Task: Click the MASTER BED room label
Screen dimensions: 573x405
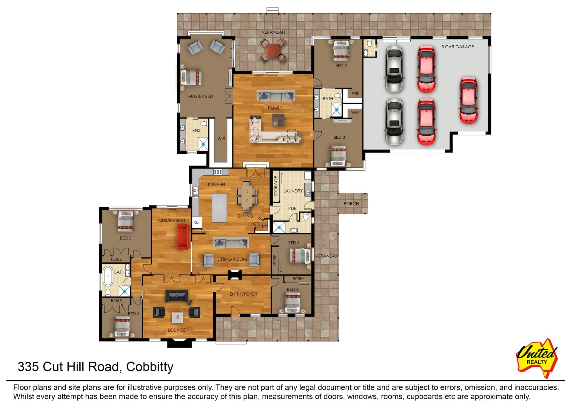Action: tap(200, 96)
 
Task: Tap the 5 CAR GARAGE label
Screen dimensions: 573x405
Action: tap(458, 47)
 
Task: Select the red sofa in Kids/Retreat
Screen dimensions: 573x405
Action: tap(183, 237)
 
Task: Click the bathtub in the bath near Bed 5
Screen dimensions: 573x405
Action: tap(108, 276)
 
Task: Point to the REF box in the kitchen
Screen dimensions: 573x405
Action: tap(197, 222)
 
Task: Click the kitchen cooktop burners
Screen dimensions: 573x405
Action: tap(218, 172)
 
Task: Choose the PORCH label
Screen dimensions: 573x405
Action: tap(351, 204)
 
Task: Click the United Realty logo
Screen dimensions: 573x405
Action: tap(537, 358)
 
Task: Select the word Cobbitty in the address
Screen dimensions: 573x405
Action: tap(150, 367)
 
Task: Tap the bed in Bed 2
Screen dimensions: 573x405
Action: tap(341, 50)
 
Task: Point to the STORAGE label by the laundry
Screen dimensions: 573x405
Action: tap(276, 186)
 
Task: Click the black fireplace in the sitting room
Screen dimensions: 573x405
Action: tap(235, 275)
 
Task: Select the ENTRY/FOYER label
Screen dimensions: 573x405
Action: tap(243, 294)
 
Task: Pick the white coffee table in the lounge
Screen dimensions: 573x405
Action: tap(177, 317)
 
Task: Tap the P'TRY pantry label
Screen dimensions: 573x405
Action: tap(263, 226)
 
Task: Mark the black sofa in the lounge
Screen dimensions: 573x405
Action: tap(177, 296)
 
